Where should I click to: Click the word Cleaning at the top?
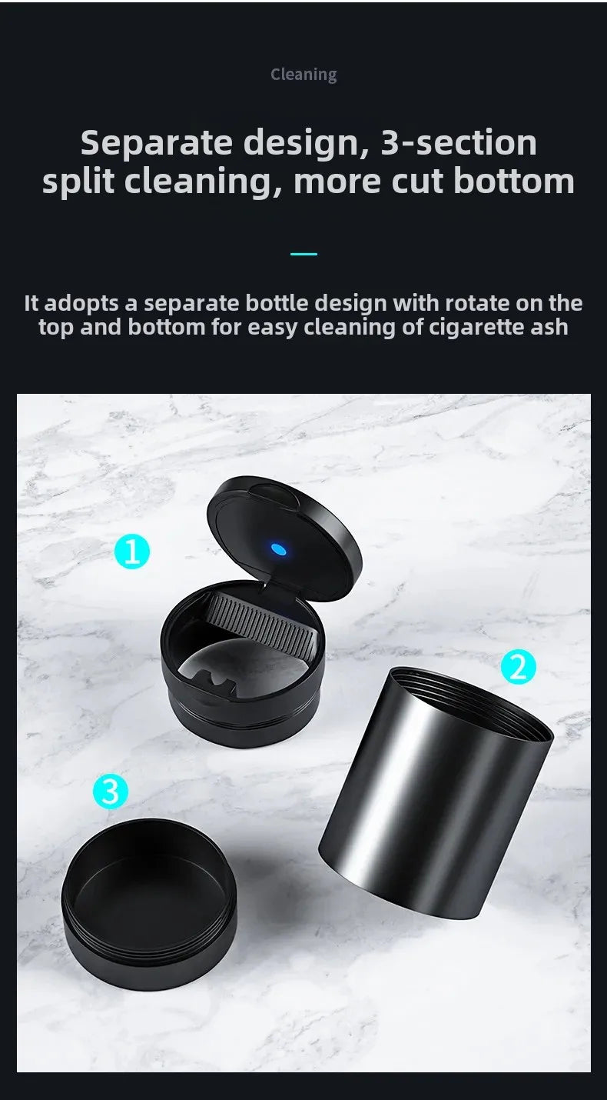click(303, 75)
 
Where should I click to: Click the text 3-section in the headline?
click(458, 142)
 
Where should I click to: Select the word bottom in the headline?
click(514, 181)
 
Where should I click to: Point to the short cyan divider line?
click(303, 254)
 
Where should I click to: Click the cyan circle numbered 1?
click(132, 552)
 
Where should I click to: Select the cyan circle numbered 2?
click(518, 666)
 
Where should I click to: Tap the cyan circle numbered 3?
click(111, 791)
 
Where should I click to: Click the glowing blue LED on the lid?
click(279, 549)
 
